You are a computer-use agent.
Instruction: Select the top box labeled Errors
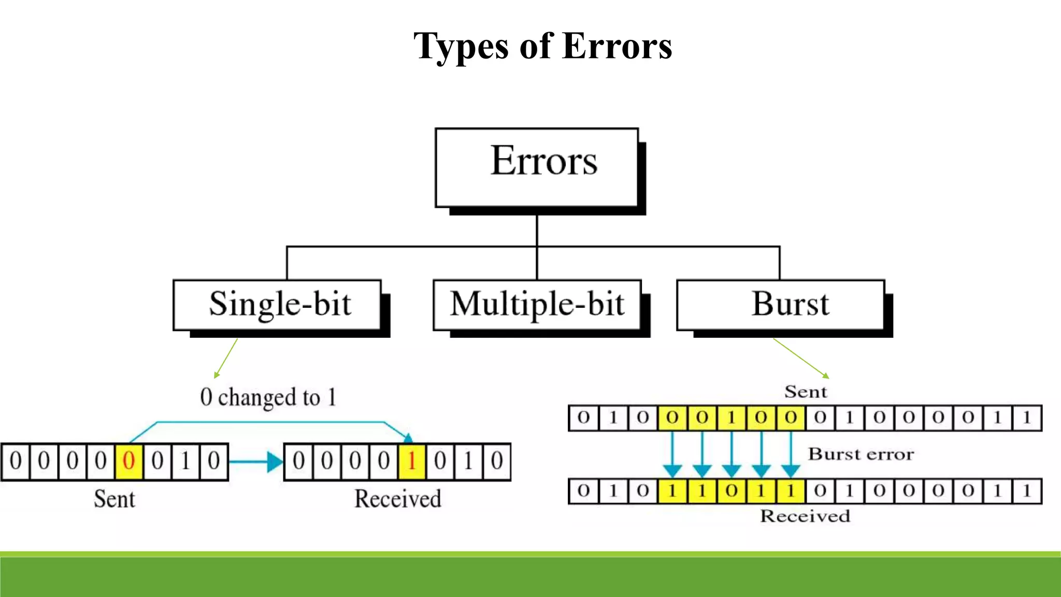pos(537,167)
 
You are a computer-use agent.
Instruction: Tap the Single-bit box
pos(278,305)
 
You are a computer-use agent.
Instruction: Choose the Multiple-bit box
pos(537,305)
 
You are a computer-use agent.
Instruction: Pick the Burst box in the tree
pos(781,305)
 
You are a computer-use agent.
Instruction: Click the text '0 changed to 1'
pos(268,397)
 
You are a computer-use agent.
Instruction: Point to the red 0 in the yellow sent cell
pos(128,461)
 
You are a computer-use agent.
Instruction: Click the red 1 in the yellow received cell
pos(412,461)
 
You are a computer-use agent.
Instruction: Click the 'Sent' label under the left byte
pos(114,499)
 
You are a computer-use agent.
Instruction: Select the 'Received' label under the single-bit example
pos(397,499)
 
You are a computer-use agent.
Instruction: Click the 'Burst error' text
pos(861,454)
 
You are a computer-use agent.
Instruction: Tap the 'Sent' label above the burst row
pos(805,392)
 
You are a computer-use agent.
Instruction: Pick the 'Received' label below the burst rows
pos(805,516)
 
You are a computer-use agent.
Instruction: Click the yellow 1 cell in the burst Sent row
pos(732,418)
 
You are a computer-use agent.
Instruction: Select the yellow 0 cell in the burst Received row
pos(732,491)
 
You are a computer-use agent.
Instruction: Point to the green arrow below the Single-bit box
pos(226,359)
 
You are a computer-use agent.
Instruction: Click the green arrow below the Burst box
pos(801,358)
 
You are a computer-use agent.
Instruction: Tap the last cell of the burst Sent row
pos(1027,418)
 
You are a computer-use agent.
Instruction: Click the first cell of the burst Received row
pos(583,491)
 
